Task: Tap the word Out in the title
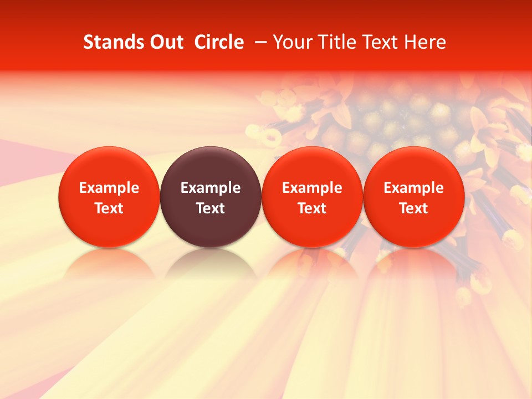point(165,42)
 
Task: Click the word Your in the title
point(291,42)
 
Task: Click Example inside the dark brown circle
point(211,188)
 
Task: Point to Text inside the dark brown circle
point(211,208)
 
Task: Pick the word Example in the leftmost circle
point(109,188)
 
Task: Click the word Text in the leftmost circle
point(109,208)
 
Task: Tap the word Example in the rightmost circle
point(413,188)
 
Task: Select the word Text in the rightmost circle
point(413,208)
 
